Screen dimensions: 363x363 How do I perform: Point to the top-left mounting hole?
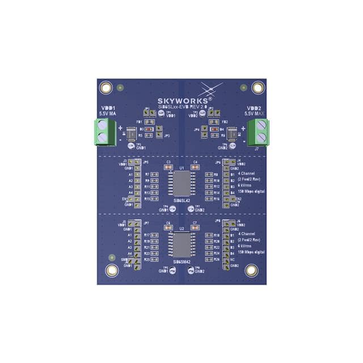(105, 88)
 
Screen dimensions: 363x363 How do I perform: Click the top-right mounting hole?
(258, 88)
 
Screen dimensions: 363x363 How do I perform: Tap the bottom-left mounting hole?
(105, 271)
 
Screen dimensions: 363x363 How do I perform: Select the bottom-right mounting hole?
(250, 271)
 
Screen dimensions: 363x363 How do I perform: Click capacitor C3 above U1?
(168, 168)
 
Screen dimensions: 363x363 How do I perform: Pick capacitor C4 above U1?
(195, 168)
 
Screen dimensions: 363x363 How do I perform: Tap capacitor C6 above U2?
(168, 229)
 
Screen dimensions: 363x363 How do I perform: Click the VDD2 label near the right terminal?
(254, 107)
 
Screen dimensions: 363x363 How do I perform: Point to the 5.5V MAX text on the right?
(254, 114)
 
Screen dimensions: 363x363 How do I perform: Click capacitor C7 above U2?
(195, 229)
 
